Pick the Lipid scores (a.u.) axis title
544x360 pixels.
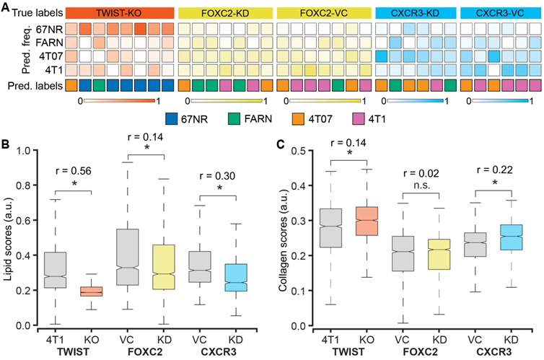coord(12,238)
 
